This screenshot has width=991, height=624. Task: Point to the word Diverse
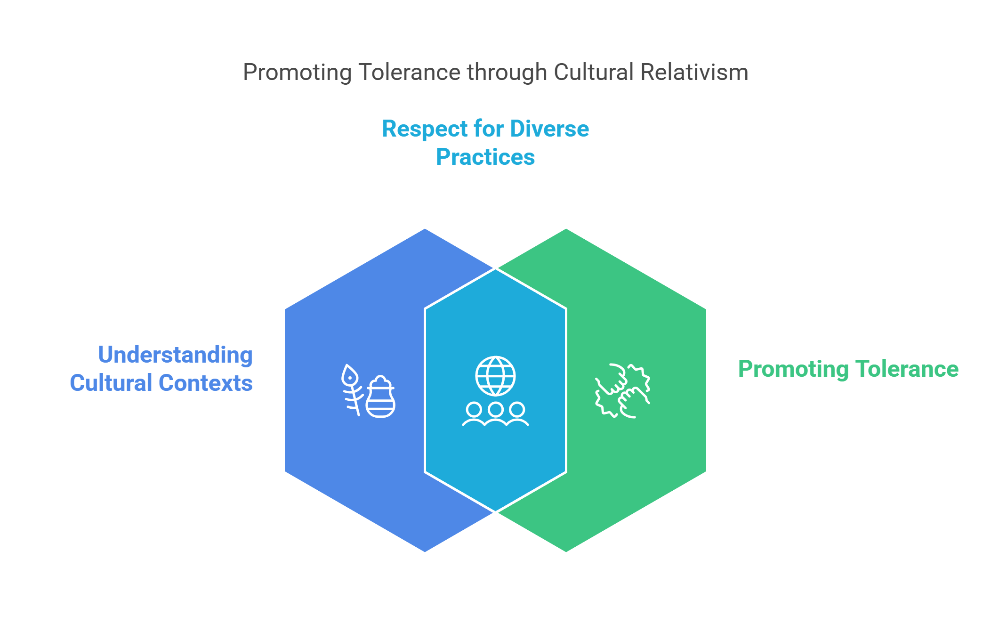549,129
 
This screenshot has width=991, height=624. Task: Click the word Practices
485,157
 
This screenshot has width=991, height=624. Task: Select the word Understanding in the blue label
175,355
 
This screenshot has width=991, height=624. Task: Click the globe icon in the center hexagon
495,376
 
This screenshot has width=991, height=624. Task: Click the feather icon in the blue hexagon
351,389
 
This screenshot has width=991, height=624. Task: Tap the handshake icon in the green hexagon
622,391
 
